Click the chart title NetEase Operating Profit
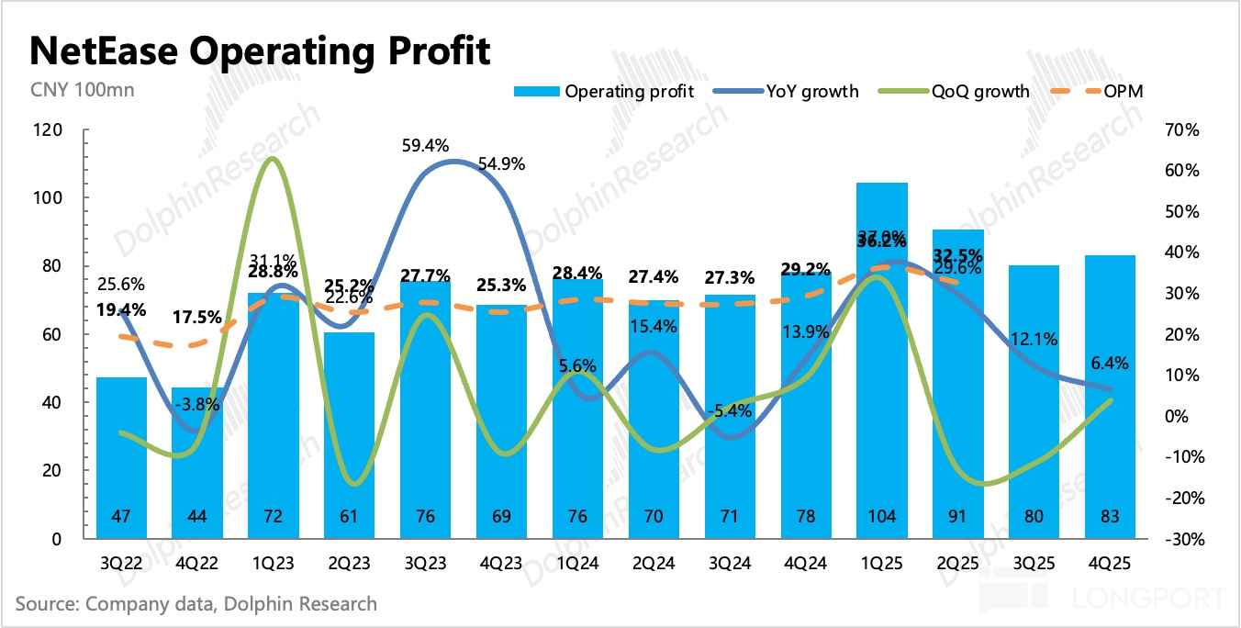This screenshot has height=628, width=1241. click(x=261, y=51)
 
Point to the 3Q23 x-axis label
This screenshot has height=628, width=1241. click(x=426, y=562)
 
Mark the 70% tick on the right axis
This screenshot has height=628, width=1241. click(x=1185, y=130)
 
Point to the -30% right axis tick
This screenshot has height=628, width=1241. click(x=1182, y=539)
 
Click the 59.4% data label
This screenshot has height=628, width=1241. click(x=426, y=144)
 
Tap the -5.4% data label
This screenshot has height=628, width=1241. click(x=731, y=410)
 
